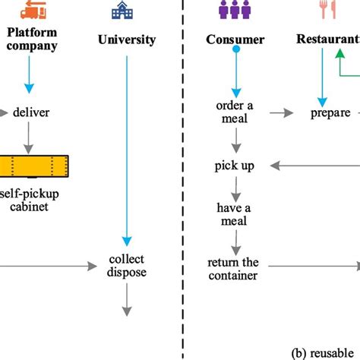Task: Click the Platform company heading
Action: coord(33,39)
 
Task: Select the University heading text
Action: coord(127,39)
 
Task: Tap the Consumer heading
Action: coord(235,39)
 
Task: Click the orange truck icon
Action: coord(33,10)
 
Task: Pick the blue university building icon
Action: coord(121,10)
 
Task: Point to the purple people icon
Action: coord(235,10)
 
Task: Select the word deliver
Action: coord(33,113)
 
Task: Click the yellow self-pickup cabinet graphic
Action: coord(34,163)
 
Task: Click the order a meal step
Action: coord(235,112)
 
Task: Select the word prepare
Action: coord(330,113)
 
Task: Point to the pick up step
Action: coord(235,165)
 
